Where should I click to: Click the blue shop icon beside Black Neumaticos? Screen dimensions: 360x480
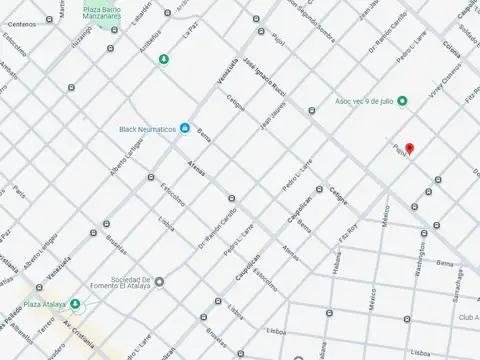[185, 128]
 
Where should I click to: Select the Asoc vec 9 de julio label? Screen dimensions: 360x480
[362, 101]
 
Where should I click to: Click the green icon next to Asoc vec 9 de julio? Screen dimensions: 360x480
[402, 100]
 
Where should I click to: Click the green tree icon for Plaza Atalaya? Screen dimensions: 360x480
[75, 303]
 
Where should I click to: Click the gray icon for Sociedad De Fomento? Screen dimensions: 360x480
[159, 282]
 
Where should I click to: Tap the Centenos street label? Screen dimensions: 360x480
[21, 23]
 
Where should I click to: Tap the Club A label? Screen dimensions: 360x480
[468, 317]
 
